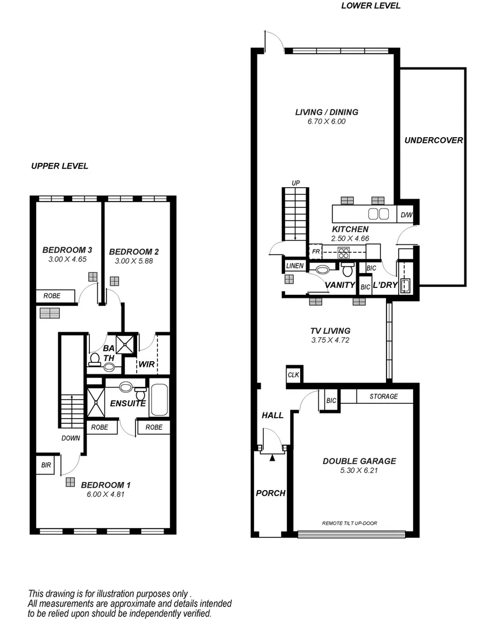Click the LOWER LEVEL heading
[x=370, y=6]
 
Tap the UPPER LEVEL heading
[x=59, y=166]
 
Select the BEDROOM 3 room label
[x=67, y=250]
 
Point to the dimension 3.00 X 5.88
[x=134, y=261]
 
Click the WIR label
[x=146, y=364]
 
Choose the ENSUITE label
[x=128, y=404]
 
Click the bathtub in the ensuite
[x=158, y=400]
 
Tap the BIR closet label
[x=46, y=465]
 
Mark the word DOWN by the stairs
[x=71, y=438]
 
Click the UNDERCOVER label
[x=434, y=140]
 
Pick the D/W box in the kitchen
[x=406, y=215]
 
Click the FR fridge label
[x=315, y=252]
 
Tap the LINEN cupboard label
[x=295, y=266]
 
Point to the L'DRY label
[x=385, y=285]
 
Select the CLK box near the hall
[x=293, y=375]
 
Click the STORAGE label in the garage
[x=384, y=396]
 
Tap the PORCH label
[x=271, y=493]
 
